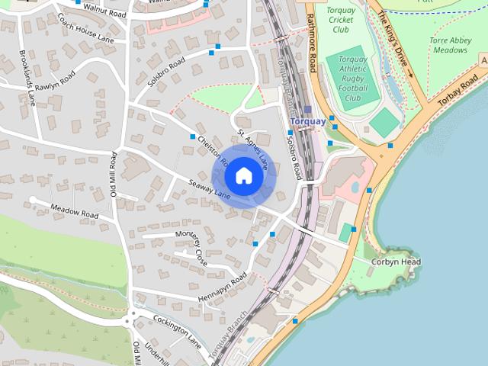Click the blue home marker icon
(244, 175)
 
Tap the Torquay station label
(308, 121)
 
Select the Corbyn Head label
(396, 262)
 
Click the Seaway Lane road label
(210, 188)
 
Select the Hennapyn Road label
(222, 284)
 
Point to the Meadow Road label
(75, 211)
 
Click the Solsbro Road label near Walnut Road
(167, 70)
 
